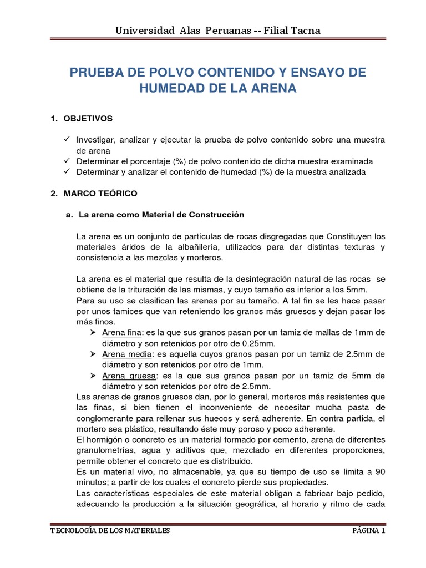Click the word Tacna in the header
(305, 31)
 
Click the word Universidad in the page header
(139, 31)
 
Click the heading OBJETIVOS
(89, 119)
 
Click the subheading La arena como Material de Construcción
(161, 214)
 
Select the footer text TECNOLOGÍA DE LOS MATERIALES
(110, 531)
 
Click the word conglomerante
(105, 418)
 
